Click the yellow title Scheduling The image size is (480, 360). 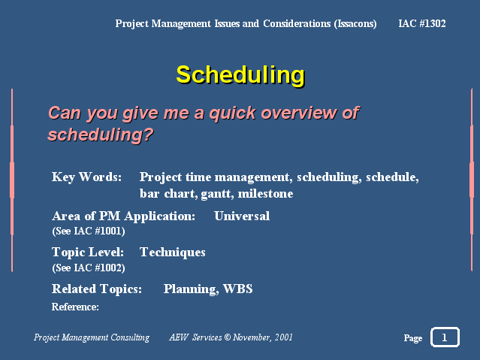pos(240,75)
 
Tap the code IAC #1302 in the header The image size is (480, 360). pos(422,23)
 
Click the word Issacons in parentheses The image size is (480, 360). pos(355,24)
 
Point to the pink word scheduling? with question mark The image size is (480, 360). pos(101,135)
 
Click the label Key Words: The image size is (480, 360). pos(86,177)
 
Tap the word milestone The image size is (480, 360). pos(265,194)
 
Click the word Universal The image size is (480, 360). pos(242,216)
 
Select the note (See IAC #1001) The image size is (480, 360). pos(89,231)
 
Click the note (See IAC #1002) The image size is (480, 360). pos(89,268)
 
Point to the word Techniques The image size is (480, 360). pos(173,253)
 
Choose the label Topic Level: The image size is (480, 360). pos(88,253)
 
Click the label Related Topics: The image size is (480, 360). pos(97,289)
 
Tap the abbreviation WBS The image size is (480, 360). pos(238,289)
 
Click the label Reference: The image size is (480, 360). pos(75,307)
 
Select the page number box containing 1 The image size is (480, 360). pos(445,337)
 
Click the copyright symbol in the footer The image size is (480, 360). pos(227,337)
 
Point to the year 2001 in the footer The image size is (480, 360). pos(283,337)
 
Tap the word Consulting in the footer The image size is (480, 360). pos(130,337)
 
